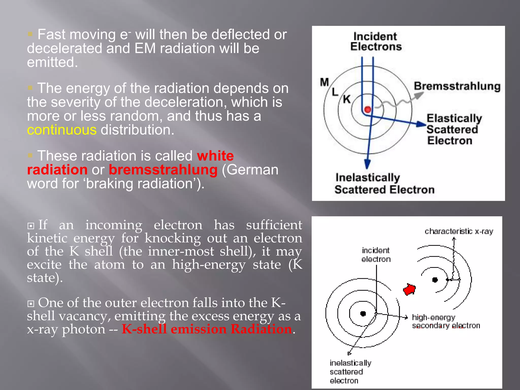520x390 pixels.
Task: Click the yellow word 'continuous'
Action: tap(62, 130)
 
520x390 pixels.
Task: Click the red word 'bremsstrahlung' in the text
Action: tap(163, 170)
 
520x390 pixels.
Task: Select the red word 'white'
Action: tap(215, 156)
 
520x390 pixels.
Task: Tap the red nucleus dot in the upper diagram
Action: tap(368, 109)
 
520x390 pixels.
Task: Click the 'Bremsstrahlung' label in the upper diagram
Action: tap(457, 86)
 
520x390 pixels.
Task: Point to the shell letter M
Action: tap(324, 82)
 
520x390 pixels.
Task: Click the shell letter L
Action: tap(335, 91)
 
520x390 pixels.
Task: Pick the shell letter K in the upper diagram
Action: tap(347, 99)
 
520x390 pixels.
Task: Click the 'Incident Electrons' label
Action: tap(376, 41)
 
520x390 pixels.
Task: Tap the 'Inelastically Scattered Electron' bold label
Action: tap(384, 184)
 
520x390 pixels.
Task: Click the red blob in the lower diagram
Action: tap(409, 289)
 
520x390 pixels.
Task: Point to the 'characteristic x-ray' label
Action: tap(459, 231)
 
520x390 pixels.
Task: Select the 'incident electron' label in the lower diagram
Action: tap(376, 255)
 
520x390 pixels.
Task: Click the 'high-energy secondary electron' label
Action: tap(446, 321)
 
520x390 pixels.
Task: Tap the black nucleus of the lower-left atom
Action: tap(363, 314)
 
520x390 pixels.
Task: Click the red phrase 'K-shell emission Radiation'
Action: tap(207, 329)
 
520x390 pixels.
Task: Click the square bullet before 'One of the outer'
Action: tap(31, 303)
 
